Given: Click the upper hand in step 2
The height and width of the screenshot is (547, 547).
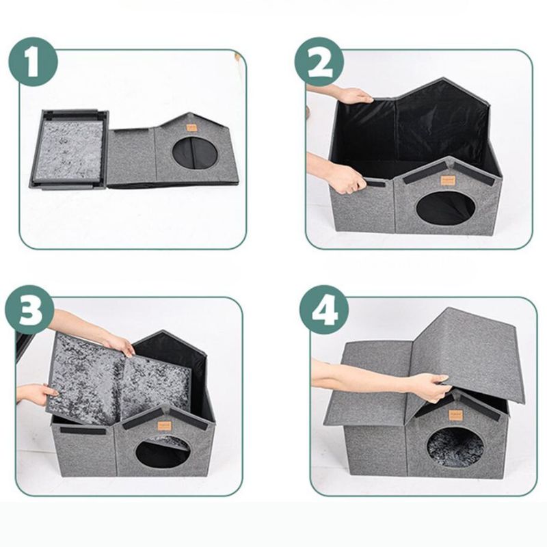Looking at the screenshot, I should pos(353,95).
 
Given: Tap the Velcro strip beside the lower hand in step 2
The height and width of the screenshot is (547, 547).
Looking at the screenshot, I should pos(379,183).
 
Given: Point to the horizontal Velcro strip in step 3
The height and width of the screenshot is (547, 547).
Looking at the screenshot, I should pos(83,431).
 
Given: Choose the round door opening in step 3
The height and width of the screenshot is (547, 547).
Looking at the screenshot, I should pos(161,451).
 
